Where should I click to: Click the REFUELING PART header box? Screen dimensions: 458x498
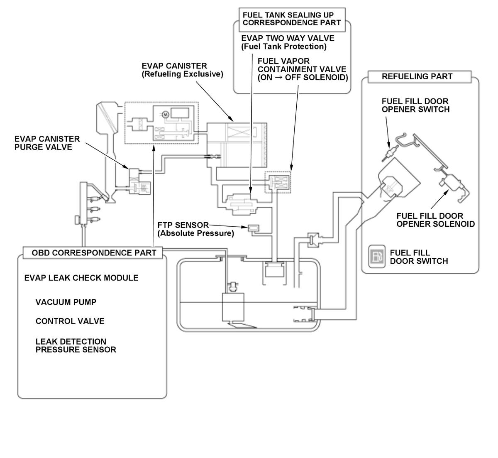pyautogui.click(x=417, y=76)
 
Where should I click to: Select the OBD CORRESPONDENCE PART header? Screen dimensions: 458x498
pyautogui.click(x=94, y=252)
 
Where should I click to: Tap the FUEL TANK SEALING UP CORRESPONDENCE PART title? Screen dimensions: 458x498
pyautogui.click(x=291, y=19)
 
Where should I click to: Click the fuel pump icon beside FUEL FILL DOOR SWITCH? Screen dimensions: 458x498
pyautogui.click(x=377, y=256)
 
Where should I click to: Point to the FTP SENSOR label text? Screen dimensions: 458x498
pyautogui.click(x=183, y=225)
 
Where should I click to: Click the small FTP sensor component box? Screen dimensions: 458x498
pyautogui.click(x=253, y=228)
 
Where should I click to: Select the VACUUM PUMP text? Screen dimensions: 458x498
pyautogui.click(x=66, y=302)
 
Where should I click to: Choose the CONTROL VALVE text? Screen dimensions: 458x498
pyautogui.click(x=70, y=321)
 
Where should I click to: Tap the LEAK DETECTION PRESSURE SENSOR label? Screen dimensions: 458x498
pyautogui.click(x=76, y=345)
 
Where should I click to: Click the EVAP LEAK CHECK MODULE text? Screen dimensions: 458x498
pyautogui.click(x=81, y=277)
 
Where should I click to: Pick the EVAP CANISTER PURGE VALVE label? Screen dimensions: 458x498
pyautogui.click(x=47, y=143)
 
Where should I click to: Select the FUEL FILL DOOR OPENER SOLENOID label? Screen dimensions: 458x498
pyautogui.click(x=435, y=220)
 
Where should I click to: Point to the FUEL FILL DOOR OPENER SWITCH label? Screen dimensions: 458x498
pyautogui.click(x=415, y=105)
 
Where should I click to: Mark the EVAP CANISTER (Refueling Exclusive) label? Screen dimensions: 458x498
pyautogui.click(x=182, y=70)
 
